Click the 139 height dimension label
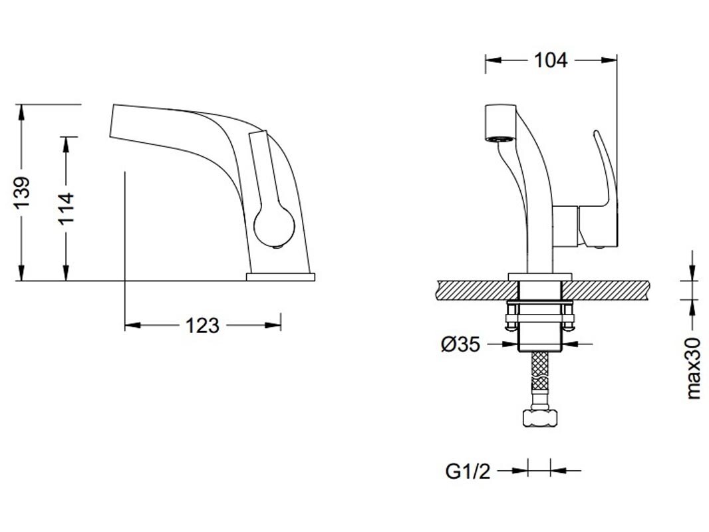pyautogui.click(x=22, y=193)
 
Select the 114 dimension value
pyautogui.click(x=66, y=208)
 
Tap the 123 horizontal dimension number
pyautogui.click(x=202, y=325)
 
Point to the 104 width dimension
pyautogui.click(x=550, y=60)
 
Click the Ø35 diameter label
pyautogui.click(x=460, y=345)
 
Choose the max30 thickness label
pyautogui.click(x=693, y=368)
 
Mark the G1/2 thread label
pyautogui.click(x=468, y=471)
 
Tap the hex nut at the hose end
pyautogui.click(x=540, y=417)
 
